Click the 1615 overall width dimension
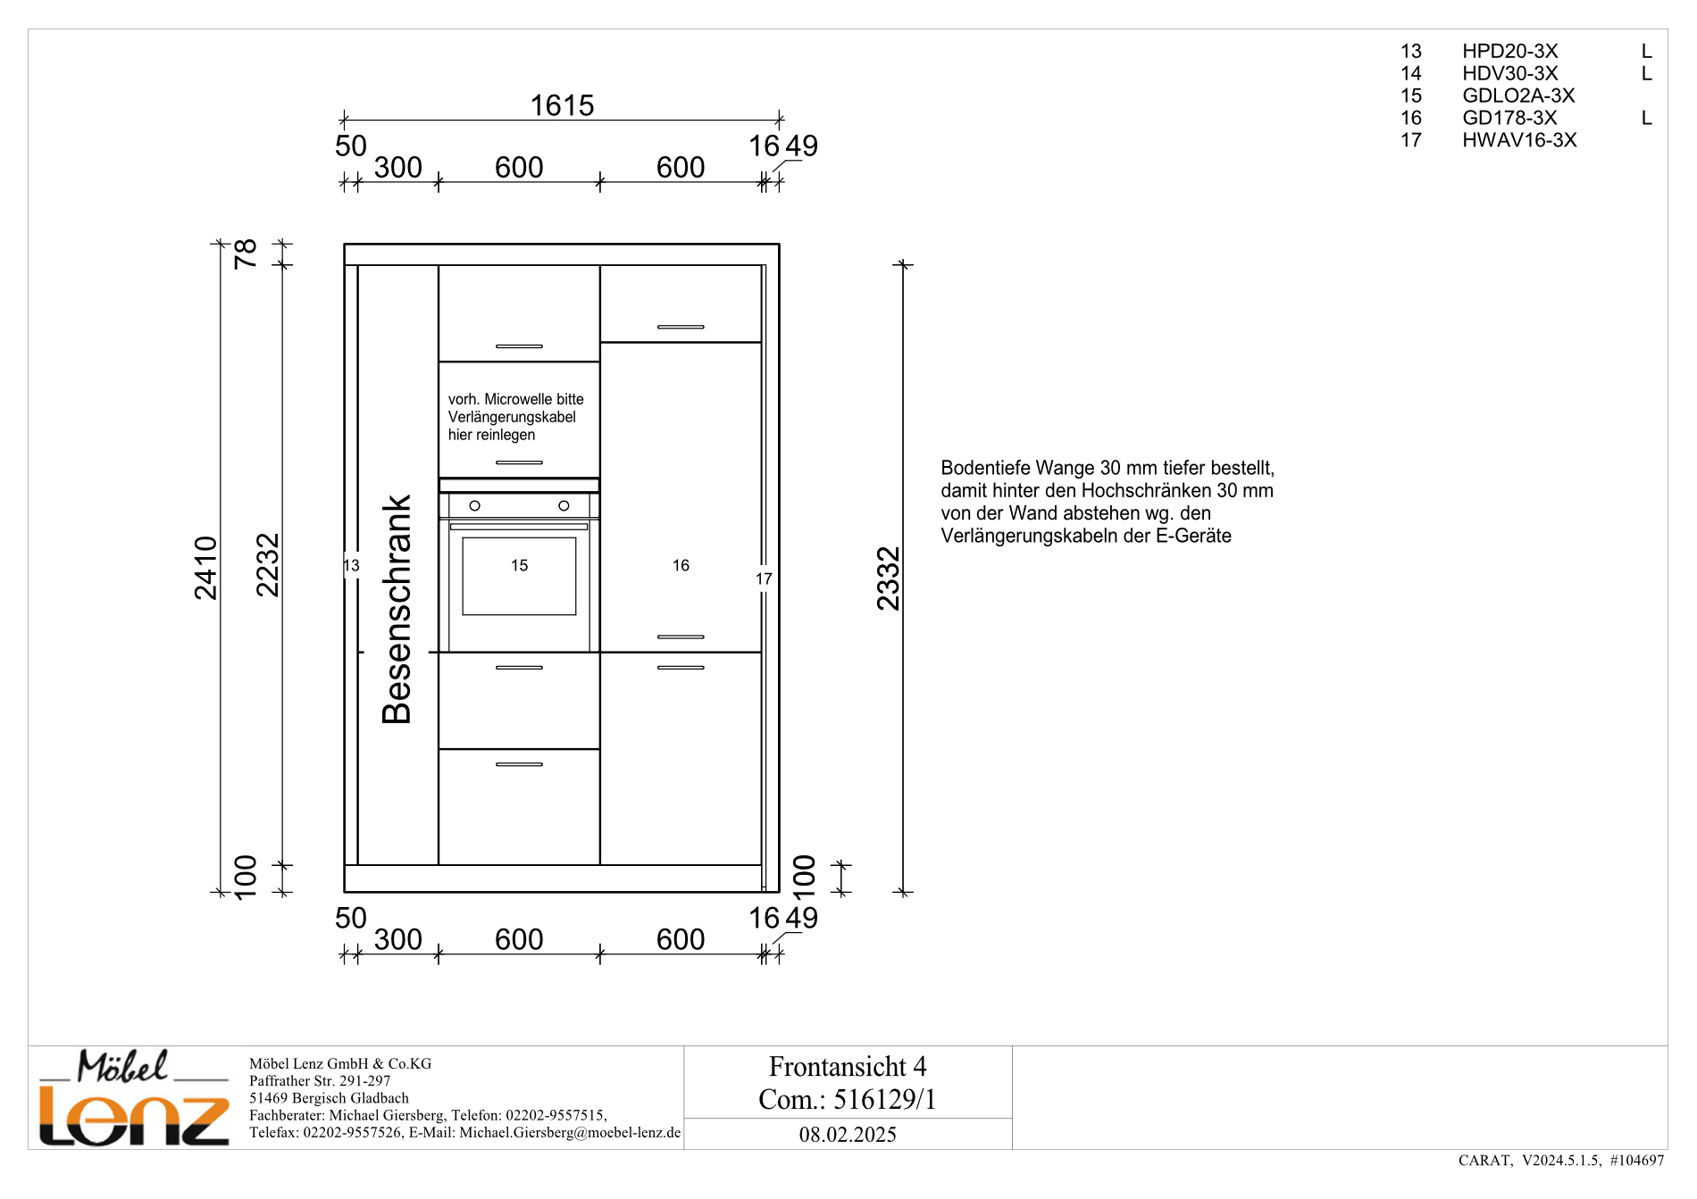pos(562,105)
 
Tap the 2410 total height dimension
pos(206,568)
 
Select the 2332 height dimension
pos(889,579)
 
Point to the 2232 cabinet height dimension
pos(268,565)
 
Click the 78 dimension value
pos(246,254)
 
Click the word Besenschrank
pos(397,609)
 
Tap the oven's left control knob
pos(475,505)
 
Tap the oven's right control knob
pos(564,505)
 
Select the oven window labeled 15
pos(519,576)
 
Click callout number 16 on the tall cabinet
pos(681,565)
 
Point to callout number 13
pos(351,565)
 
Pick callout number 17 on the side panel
pos(764,579)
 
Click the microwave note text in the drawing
pos(516,417)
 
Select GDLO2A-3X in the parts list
pos(1518,96)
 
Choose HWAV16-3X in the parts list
pos(1519,140)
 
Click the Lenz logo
pos(134,1097)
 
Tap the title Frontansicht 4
pos(848,1066)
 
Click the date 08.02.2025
pos(848,1134)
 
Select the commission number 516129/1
pos(884,1099)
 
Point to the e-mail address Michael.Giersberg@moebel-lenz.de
pos(570,1132)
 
